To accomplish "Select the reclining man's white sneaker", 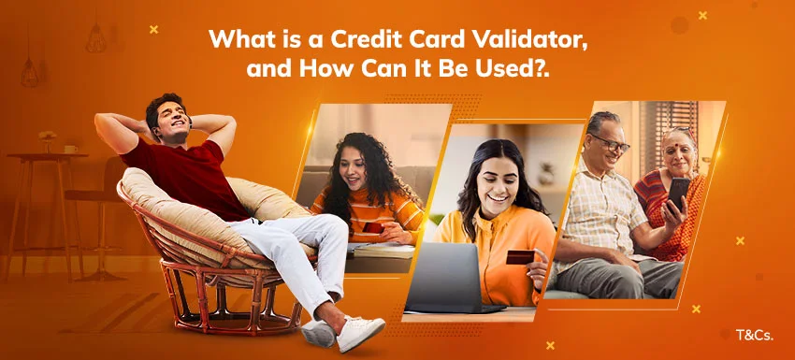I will coord(360,332).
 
